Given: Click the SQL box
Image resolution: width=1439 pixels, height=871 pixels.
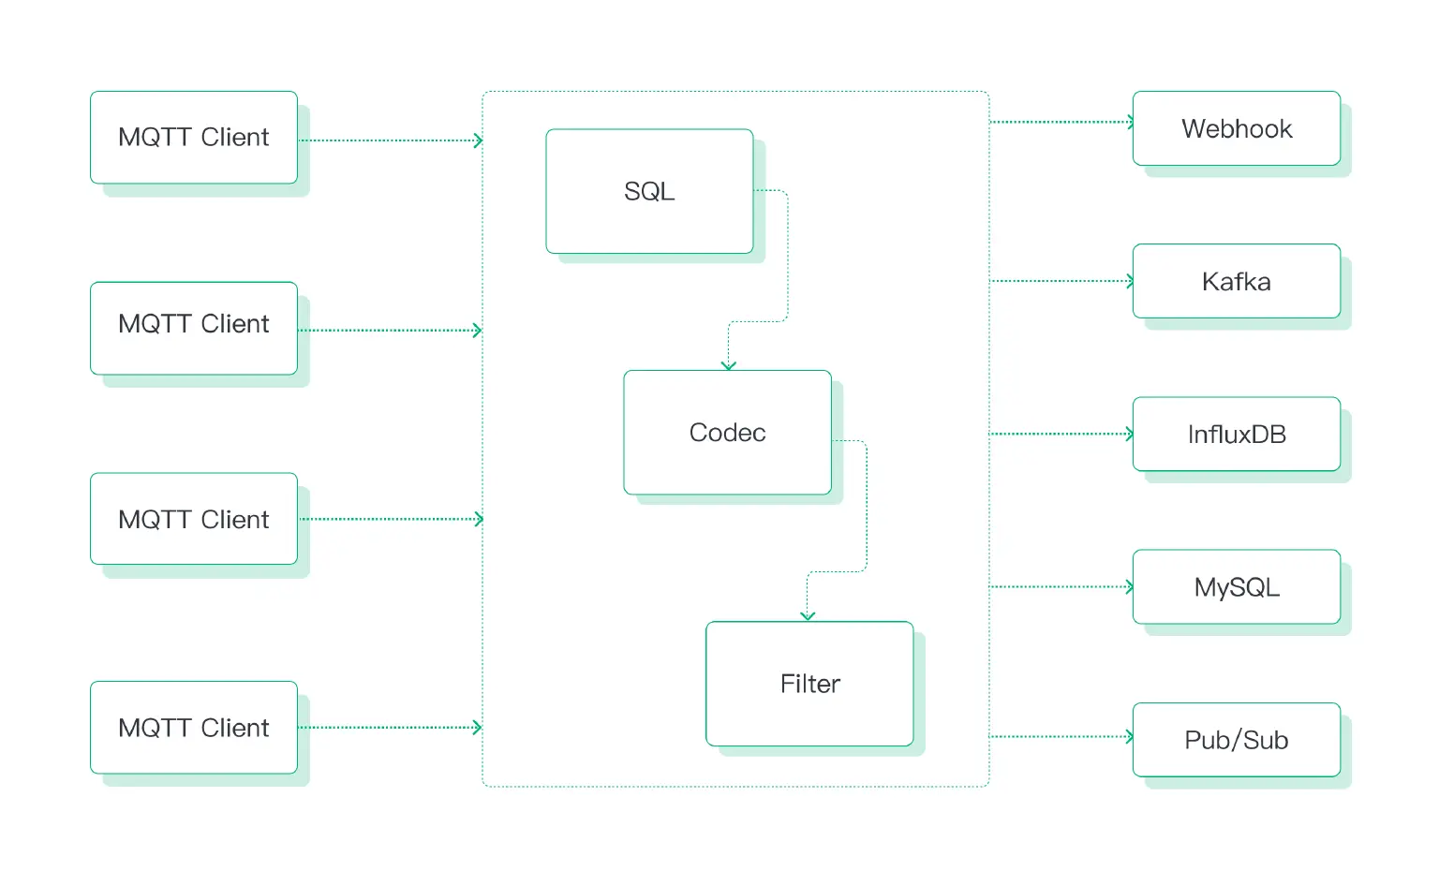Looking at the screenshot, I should point(649,191).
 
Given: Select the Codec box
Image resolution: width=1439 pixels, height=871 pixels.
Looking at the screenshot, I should point(727,432).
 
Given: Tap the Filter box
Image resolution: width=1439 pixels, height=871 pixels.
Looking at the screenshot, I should point(809,684).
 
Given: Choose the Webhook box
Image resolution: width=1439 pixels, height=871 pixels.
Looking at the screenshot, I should point(1236,128).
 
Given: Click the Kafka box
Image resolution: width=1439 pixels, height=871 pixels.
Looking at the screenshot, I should point(1236,281).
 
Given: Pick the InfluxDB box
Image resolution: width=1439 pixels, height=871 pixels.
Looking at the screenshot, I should point(1236,434).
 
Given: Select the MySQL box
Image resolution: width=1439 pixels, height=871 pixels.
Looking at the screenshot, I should point(1236,587).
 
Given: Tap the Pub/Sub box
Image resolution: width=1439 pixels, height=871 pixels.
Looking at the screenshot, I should point(1236,740).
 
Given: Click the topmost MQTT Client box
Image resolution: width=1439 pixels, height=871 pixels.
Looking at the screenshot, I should point(194,138).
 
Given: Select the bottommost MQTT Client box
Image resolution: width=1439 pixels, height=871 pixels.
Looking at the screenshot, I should point(194,728).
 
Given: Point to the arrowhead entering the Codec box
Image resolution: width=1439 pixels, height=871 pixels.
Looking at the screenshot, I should point(729,365).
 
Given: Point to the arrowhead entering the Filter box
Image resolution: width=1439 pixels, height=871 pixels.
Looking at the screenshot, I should point(808,615).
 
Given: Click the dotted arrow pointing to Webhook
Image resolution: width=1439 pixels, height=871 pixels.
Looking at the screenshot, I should point(1061,122).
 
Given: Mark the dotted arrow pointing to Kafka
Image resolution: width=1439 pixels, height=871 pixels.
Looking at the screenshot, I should point(1061,281).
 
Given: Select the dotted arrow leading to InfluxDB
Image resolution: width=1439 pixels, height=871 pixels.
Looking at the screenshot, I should point(1061,434).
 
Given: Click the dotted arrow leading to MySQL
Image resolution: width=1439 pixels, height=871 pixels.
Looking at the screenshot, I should point(1061,587).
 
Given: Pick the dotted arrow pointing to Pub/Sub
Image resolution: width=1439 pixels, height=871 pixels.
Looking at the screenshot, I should point(1061,737).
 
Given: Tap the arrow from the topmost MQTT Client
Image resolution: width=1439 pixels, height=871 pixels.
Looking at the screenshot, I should point(391,140).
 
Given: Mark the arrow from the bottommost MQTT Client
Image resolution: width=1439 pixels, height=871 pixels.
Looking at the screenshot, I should point(391,728).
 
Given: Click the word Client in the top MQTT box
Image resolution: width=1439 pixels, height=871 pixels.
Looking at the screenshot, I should point(234,138).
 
